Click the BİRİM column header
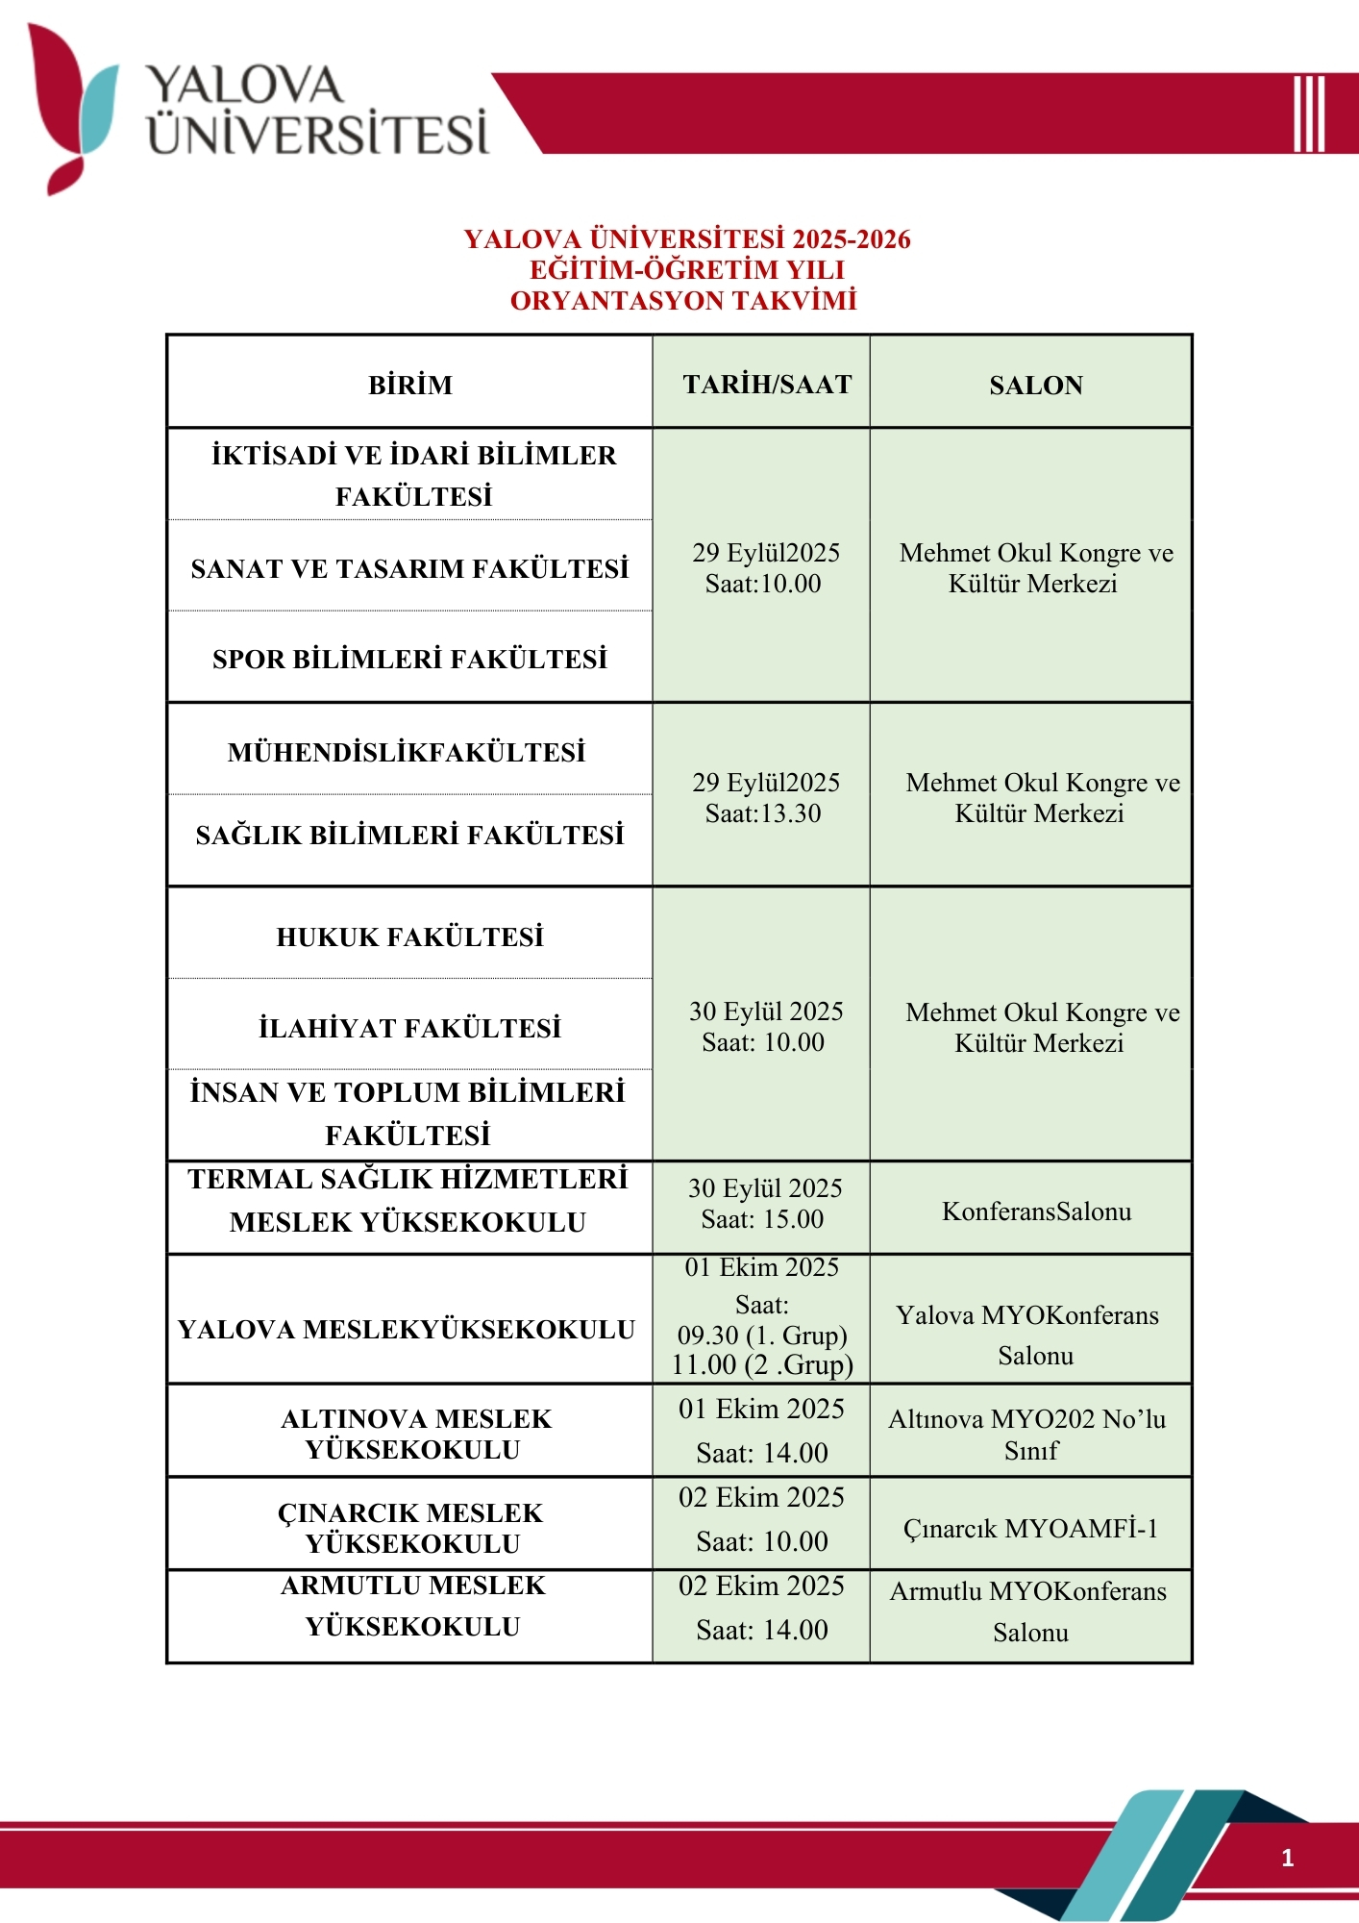[x=410, y=386]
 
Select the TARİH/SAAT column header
[x=767, y=385]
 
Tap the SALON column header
[x=1035, y=386]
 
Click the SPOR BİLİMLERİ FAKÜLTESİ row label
[x=410, y=660]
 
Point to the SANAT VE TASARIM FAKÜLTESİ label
[x=410, y=569]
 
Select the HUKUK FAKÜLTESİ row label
[x=410, y=937]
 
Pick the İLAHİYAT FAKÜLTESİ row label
[x=410, y=1029]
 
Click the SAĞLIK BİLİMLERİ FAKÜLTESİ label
[x=410, y=836]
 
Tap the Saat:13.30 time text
[x=763, y=814]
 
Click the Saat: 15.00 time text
[x=763, y=1220]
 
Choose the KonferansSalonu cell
[x=1036, y=1211]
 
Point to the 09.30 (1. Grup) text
[x=762, y=1336]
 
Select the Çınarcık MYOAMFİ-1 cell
[x=1030, y=1529]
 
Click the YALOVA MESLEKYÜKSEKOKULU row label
[x=407, y=1330]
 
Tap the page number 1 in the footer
[x=1287, y=1858]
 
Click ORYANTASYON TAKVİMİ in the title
[x=683, y=301]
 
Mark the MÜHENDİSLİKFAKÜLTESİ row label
[x=407, y=753]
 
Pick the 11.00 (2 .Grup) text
[x=762, y=1365]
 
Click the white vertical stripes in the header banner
[x=1308, y=113]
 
